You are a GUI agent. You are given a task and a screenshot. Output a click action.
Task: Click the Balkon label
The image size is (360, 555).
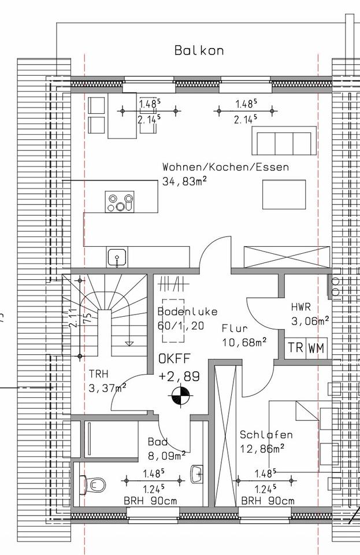(199, 51)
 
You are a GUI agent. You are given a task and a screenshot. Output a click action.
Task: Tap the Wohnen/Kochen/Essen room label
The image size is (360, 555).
(225, 166)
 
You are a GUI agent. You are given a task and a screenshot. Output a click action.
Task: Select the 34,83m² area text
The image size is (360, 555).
(184, 181)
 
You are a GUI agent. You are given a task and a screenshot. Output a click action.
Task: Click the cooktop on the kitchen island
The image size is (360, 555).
(120, 202)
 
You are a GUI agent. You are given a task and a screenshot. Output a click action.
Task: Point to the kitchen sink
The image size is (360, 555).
(117, 257)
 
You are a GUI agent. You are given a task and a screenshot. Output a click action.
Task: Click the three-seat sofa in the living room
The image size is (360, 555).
(284, 140)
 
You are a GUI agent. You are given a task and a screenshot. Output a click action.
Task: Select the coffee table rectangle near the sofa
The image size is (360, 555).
(284, 195)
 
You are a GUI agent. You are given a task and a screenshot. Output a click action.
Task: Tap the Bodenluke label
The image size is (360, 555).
(187, 312)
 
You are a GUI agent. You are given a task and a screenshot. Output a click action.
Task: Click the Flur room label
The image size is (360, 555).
(235, 328)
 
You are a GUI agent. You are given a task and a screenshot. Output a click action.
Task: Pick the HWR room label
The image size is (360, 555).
(301, 307)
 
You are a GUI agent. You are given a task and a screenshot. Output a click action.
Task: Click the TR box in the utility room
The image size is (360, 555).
(296, 347)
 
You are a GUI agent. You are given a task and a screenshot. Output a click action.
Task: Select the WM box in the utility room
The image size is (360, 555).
(317, 347)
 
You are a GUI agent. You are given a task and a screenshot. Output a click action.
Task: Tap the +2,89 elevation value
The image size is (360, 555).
(179, 376)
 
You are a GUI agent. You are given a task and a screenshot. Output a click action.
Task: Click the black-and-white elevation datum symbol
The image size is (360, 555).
(181, 396)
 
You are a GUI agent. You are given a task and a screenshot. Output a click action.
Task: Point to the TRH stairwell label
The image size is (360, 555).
(99, 374)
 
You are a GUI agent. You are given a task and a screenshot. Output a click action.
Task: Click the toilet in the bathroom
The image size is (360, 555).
(92, 484)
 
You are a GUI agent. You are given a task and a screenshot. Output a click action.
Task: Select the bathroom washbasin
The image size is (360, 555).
(197, 474)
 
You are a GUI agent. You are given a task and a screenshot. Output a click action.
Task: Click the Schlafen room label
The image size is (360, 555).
(266, 435)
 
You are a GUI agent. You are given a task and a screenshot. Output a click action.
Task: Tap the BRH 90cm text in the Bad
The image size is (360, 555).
(150, 501)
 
